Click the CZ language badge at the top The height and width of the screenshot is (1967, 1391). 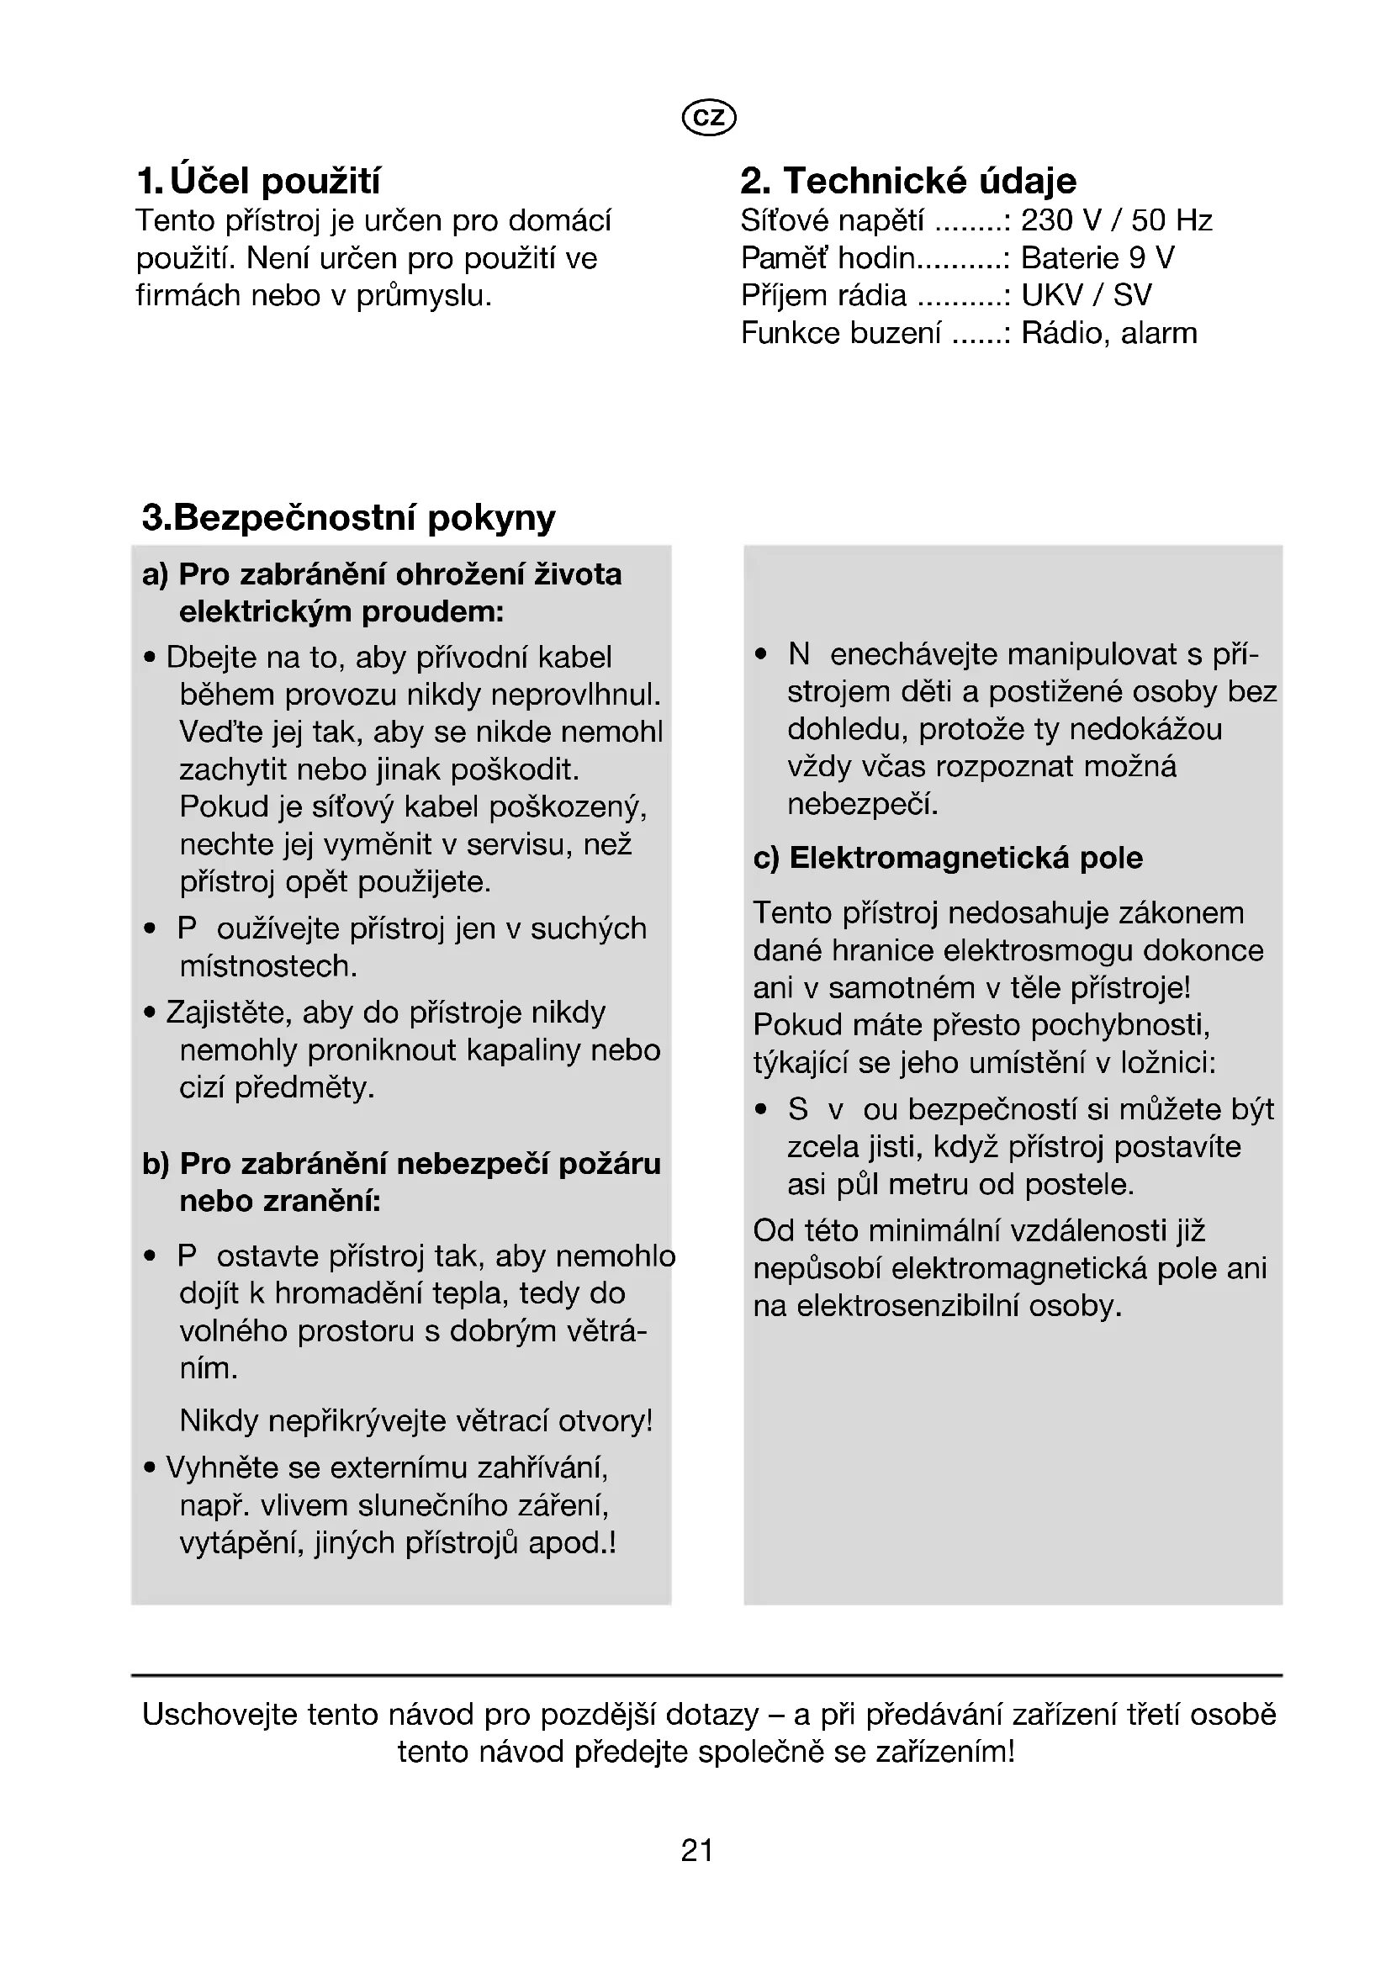click(x=708, y=118)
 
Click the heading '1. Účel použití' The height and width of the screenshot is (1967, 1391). click(x=258, y=181)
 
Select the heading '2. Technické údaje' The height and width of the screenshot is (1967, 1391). click(x=908, y=181)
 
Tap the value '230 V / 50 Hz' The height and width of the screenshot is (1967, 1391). click(x=1116, y=221)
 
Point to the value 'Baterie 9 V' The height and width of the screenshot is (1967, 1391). click(x=1097, y=258)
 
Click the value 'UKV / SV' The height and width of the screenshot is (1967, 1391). click(x=1086, y=295)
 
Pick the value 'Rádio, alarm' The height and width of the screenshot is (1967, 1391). click(x=1109, y=333)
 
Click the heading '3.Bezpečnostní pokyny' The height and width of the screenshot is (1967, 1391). click(x=349, y=517)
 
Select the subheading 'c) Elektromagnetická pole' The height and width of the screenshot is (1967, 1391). click(x=947, y=858)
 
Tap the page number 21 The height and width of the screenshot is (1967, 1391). click(x=696, y=1850)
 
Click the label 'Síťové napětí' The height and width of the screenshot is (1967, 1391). click(x=833, y=221)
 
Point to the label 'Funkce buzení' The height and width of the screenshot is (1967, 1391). click(x=840, y=333)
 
